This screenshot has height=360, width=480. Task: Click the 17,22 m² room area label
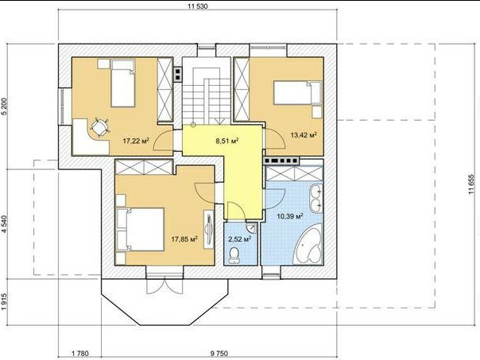(136, 141)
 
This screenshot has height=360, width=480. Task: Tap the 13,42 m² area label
(304, 134)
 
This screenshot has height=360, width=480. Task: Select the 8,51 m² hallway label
(227, 141)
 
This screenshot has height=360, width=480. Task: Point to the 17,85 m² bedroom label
(184, 238)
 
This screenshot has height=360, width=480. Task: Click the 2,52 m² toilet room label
(240, 238)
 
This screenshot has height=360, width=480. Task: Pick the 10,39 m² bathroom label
(290, 216)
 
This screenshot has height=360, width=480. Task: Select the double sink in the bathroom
(316, 198)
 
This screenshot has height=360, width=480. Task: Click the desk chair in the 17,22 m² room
(99, 128)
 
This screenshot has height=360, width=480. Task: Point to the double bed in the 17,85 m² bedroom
(141, 230)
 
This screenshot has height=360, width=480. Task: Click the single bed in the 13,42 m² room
(297, 93)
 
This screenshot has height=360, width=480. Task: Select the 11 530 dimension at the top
(198, 6)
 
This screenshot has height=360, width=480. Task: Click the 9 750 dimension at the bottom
(219, 354)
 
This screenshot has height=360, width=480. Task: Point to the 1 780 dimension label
(80, 354)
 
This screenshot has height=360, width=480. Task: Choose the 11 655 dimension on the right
(471, 184)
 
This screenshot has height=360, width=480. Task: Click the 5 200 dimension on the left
(4, 106)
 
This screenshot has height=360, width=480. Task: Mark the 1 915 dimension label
(4, 301)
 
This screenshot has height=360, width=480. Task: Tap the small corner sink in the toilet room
(252, 227)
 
